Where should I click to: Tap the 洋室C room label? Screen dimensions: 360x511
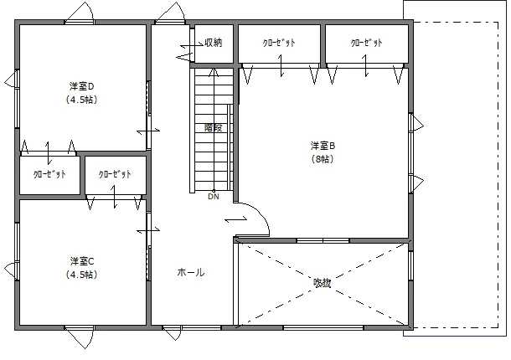[80, 260]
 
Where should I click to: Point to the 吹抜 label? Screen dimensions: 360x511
[322, 283]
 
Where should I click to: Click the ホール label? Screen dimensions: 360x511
[190, 272]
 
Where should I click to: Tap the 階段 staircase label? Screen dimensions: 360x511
[214, 128]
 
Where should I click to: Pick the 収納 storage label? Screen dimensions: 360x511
[213, 43]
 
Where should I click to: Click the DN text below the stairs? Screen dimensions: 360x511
[214, 197]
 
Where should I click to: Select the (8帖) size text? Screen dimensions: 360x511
[322, 159]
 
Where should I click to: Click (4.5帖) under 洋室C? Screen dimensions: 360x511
[80, 274]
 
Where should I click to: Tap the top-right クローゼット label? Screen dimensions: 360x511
[366, 43]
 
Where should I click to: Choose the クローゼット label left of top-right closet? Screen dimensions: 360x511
[278, 43]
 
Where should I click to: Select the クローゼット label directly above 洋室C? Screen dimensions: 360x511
[114, 175]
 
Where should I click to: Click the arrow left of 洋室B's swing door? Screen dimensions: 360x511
[235, 219]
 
